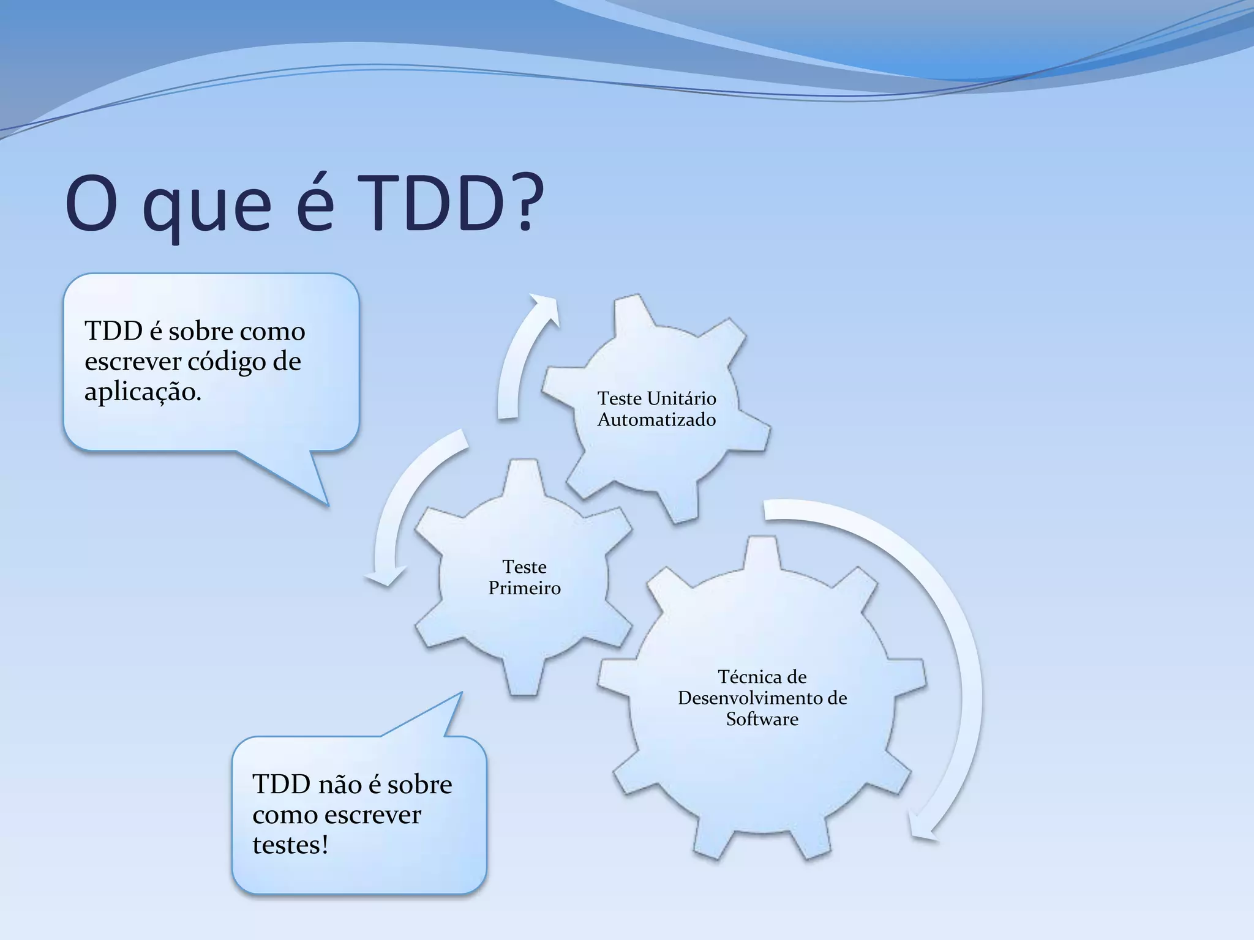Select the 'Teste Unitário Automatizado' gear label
[x=656, y=409]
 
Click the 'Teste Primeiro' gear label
[x=524, y=577]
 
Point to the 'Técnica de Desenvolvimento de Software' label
[x=762, y=698]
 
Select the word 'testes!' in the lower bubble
[x=290, y=845]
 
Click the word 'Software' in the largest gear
[x=762, y=719]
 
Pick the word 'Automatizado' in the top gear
[x=656, y=420]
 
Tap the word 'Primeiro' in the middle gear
[x=524, y=588]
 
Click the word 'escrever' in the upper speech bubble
[x=133, y=362]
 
